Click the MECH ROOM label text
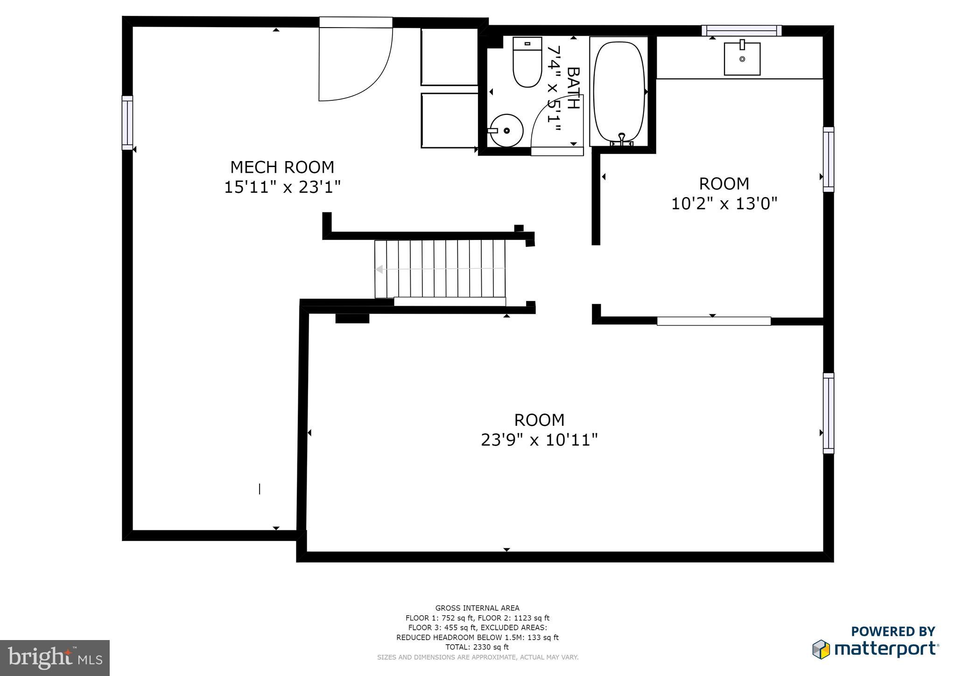coord(282,167)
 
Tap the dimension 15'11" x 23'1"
coord(282,188)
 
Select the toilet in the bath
coord(527,63)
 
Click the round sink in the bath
coord(506,131)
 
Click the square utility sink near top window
coord(742,59)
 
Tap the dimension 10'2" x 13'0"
coord(724,204)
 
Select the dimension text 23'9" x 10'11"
coord(539,440)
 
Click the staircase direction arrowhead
coord(380,269)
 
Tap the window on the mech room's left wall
coord(127,123)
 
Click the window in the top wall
coord(741,31)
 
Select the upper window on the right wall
coord(828,159)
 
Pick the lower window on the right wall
coord(828,413)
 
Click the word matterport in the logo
coord(886,649)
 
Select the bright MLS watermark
coord(55,658)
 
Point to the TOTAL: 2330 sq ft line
coord(477,647)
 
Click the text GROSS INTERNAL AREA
coord(477,608)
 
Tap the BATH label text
coord(573,88)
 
